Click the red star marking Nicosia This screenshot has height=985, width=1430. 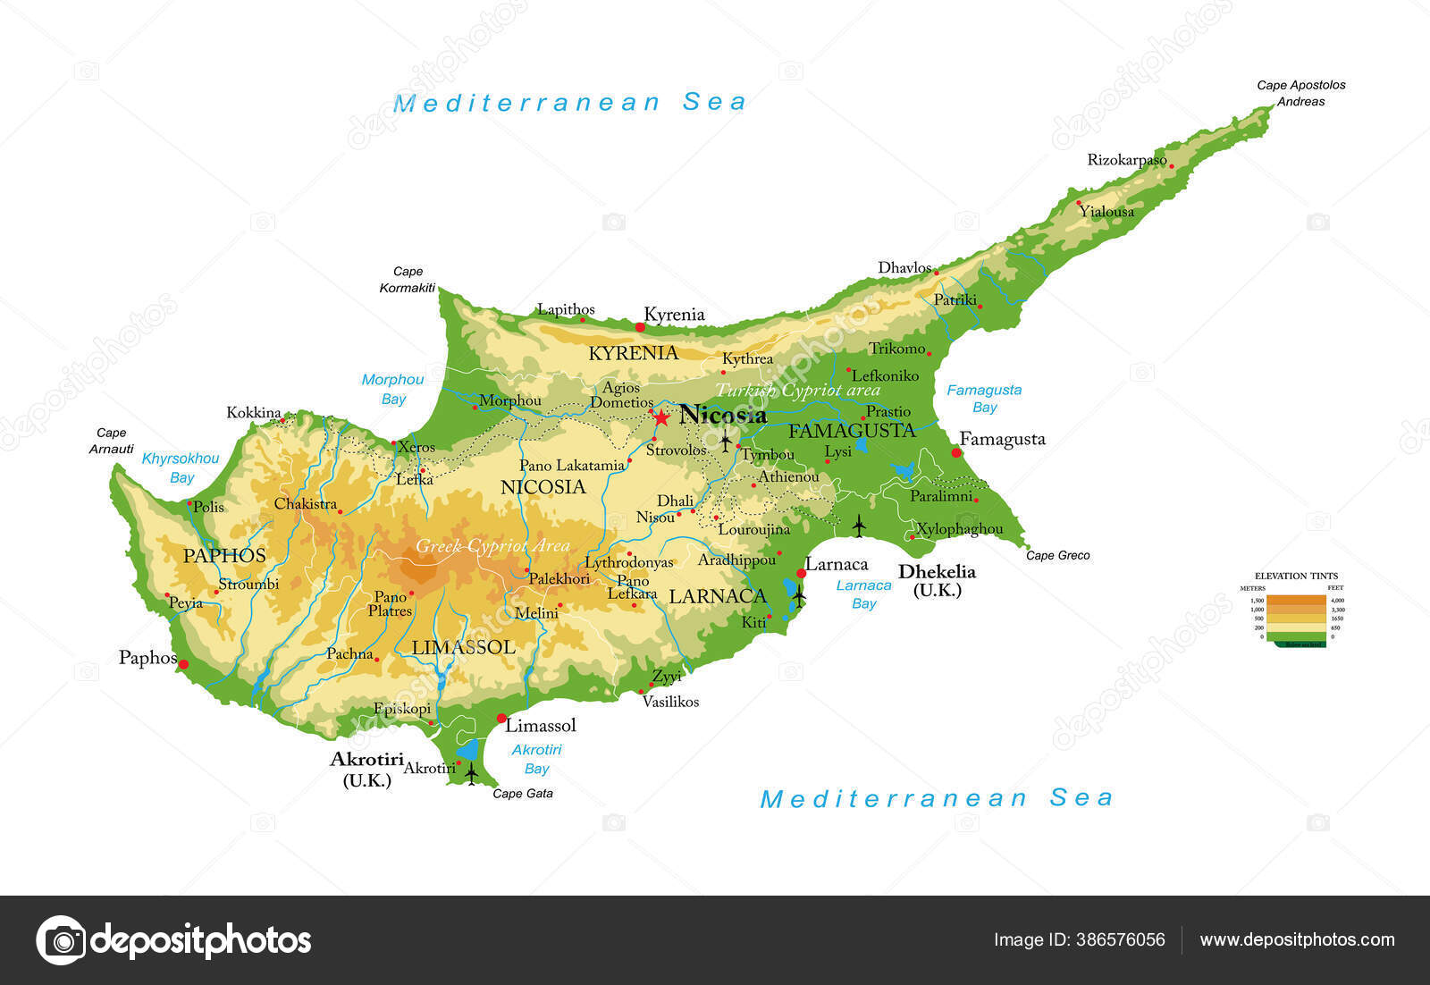click(660, 417)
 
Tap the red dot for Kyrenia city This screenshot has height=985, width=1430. click(640, 327)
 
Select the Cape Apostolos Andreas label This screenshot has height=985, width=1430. click(1300, 93)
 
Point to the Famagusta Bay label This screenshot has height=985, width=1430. click(983, 398)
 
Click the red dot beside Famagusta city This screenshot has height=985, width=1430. click(955, 452)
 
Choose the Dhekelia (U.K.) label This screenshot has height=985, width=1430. click(937, 580)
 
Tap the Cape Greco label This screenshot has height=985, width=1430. click(1057, 555)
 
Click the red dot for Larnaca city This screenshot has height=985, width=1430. click(801, 573)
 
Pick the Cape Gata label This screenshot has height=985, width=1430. click(523, 793)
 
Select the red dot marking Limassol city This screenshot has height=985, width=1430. click(501, 718)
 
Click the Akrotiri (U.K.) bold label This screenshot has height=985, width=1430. click(366, 769)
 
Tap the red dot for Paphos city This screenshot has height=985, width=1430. click(183, 664)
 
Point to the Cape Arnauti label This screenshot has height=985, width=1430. click(112, 441)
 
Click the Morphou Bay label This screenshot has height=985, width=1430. click(392, 389)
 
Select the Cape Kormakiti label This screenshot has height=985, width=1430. click(408, 279)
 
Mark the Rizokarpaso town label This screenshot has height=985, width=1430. click(1126, 160)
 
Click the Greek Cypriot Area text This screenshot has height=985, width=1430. click(492, 545)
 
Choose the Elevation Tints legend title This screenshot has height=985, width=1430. click(1296, 576)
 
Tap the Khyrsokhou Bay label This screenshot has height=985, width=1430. click(181, 467)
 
